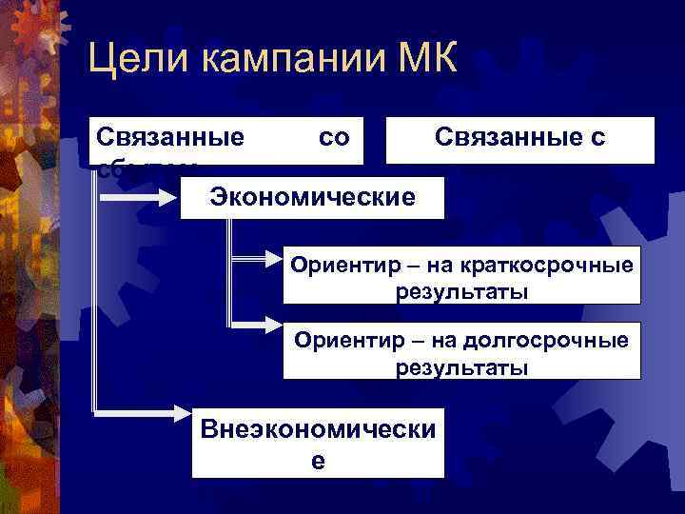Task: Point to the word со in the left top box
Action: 334,138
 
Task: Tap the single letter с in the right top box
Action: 597,138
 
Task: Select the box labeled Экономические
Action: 312,197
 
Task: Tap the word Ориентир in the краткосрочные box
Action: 342,265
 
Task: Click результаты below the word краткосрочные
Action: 462,290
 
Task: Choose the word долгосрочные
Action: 555,340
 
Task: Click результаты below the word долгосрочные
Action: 462,366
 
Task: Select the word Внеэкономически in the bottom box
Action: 318,429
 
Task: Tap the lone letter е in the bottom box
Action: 318,460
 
